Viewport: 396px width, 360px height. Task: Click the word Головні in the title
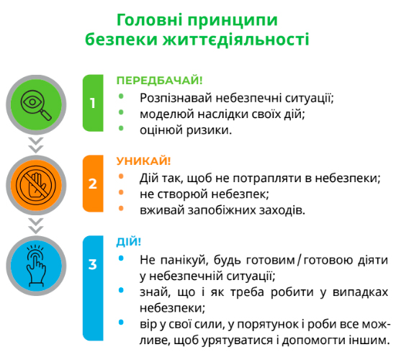(x=150, y=20)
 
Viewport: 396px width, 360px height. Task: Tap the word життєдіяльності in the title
(x=236, y=40)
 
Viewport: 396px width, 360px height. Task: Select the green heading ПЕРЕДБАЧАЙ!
(x=159, y=81)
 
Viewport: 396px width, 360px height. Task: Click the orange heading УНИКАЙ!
(x=143, y=161)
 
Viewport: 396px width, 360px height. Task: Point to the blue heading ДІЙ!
(x=129, y=241)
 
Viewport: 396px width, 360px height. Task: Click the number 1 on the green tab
(x=93, y=103)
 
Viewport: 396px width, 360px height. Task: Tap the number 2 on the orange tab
(x=93, y=184)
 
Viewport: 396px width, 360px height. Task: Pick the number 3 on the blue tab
(x=93, y=264)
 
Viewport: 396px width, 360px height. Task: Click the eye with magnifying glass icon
(x=36, y=104)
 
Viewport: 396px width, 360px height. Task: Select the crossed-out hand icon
(x=36, y=185)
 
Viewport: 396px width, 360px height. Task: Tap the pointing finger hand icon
(x=36, y=266)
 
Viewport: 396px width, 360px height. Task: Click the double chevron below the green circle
(x=36, y=145)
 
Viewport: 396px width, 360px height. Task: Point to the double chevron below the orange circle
(x=36, y=226)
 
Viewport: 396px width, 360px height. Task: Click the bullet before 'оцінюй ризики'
(x=121, y=128)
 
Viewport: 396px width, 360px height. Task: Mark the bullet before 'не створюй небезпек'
(x=121, y=192)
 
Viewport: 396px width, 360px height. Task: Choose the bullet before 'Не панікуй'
(x=121, y=258)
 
